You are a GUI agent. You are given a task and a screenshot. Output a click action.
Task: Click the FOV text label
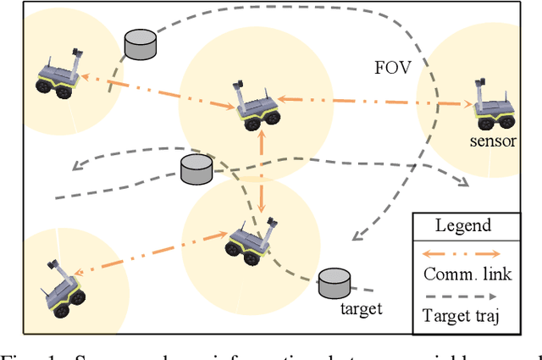pyautogui.click(x=393, y=69)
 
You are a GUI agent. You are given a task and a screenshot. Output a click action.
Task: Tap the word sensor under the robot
pyautogui.click(x=493, y=141)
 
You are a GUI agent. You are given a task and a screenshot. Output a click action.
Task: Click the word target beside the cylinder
pyautogui.click(x=360, y=308)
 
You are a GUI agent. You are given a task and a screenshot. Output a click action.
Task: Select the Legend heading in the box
pyautogui.click(x=462, y=226)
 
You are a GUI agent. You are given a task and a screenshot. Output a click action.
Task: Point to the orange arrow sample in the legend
pyautogui.click(x=462, y=252)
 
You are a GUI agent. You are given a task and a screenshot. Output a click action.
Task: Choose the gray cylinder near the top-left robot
pyautogui.click(x=141, y=44)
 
